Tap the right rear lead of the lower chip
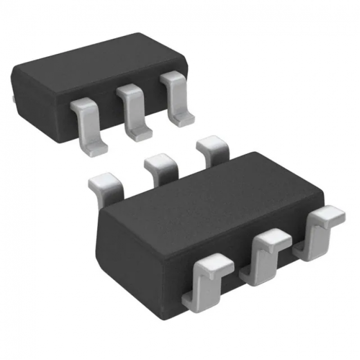pos(211,148)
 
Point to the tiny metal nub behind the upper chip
pos(13,98)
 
